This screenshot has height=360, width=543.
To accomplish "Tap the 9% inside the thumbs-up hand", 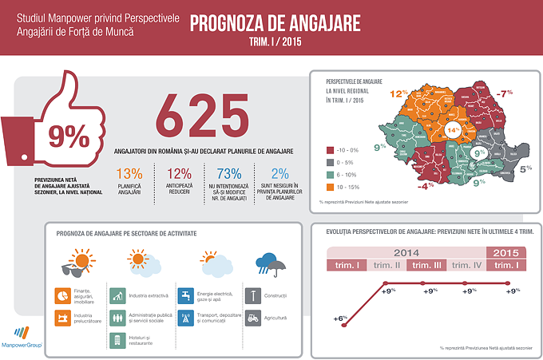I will click(x=68, y=136).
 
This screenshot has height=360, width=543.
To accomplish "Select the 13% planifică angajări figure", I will click(x=129, y=173).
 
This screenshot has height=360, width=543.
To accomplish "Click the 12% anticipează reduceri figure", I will click(x=180, y=173).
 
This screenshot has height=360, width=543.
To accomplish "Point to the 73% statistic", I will click(x=228, y=173).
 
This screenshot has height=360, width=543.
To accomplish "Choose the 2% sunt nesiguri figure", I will click(x=279, y=173).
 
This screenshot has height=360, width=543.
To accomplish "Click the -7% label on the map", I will click(x=503, y=93).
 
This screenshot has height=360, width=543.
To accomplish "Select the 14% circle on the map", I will click(x=453, y=130).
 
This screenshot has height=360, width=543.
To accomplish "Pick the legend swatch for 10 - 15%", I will click(x=330, y=188).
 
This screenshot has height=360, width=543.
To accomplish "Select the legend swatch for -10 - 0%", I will click(x=330, y=149).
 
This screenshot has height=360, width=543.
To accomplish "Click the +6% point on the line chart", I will click(x=342, y=318).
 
